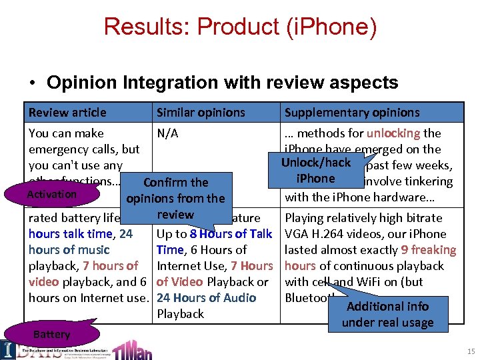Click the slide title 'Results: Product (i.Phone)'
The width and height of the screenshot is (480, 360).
pyautogui.click(x=240, y=27)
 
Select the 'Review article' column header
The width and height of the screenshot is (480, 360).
pyautogui.click(x=67, y=113)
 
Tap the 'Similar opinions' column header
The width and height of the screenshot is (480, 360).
pyautogui.click(x=201, y=113)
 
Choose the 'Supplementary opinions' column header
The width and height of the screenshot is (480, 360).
pyautogui.click(x=352, y=113)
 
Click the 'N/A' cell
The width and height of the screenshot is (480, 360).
pyautogui.click(x=167, y=133)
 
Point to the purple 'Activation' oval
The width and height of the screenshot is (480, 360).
pyautogui.click(x=51, y=195)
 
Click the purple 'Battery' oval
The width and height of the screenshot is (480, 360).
pyautogui.click(x=51, y=334)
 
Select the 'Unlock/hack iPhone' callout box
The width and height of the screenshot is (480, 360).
pyautogui.click(x=315, y=171)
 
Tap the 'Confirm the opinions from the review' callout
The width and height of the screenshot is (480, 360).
pyautogui.click(x=175, y=198)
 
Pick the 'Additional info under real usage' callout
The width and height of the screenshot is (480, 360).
pyautogui.click(x=387, y=314)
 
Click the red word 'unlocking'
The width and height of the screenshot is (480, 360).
pyautogui.click(x=393, y=133)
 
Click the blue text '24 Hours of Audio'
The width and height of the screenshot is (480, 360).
pyautogui.click(x=206, y=298)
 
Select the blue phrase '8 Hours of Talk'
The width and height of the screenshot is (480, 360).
pyautogui.click(x=231, y=234)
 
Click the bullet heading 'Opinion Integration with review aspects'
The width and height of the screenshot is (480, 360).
pyautogui.click(x=222, y=83)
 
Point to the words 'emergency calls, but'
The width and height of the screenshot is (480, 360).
pyautogui.click(x=84, y=149)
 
